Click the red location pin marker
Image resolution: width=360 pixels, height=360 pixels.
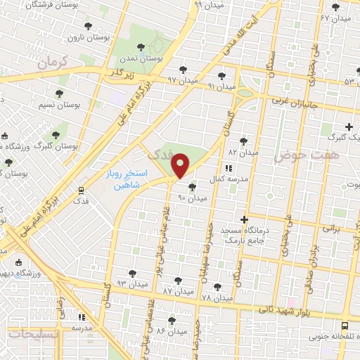[181, 166]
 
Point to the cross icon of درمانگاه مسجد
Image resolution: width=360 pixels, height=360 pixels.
[244, 219]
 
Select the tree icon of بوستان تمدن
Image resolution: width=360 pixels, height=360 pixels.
[141, 47]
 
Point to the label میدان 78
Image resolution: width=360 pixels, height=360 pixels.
[216, 297]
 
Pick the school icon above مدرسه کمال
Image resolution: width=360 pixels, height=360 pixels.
[227, 169]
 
